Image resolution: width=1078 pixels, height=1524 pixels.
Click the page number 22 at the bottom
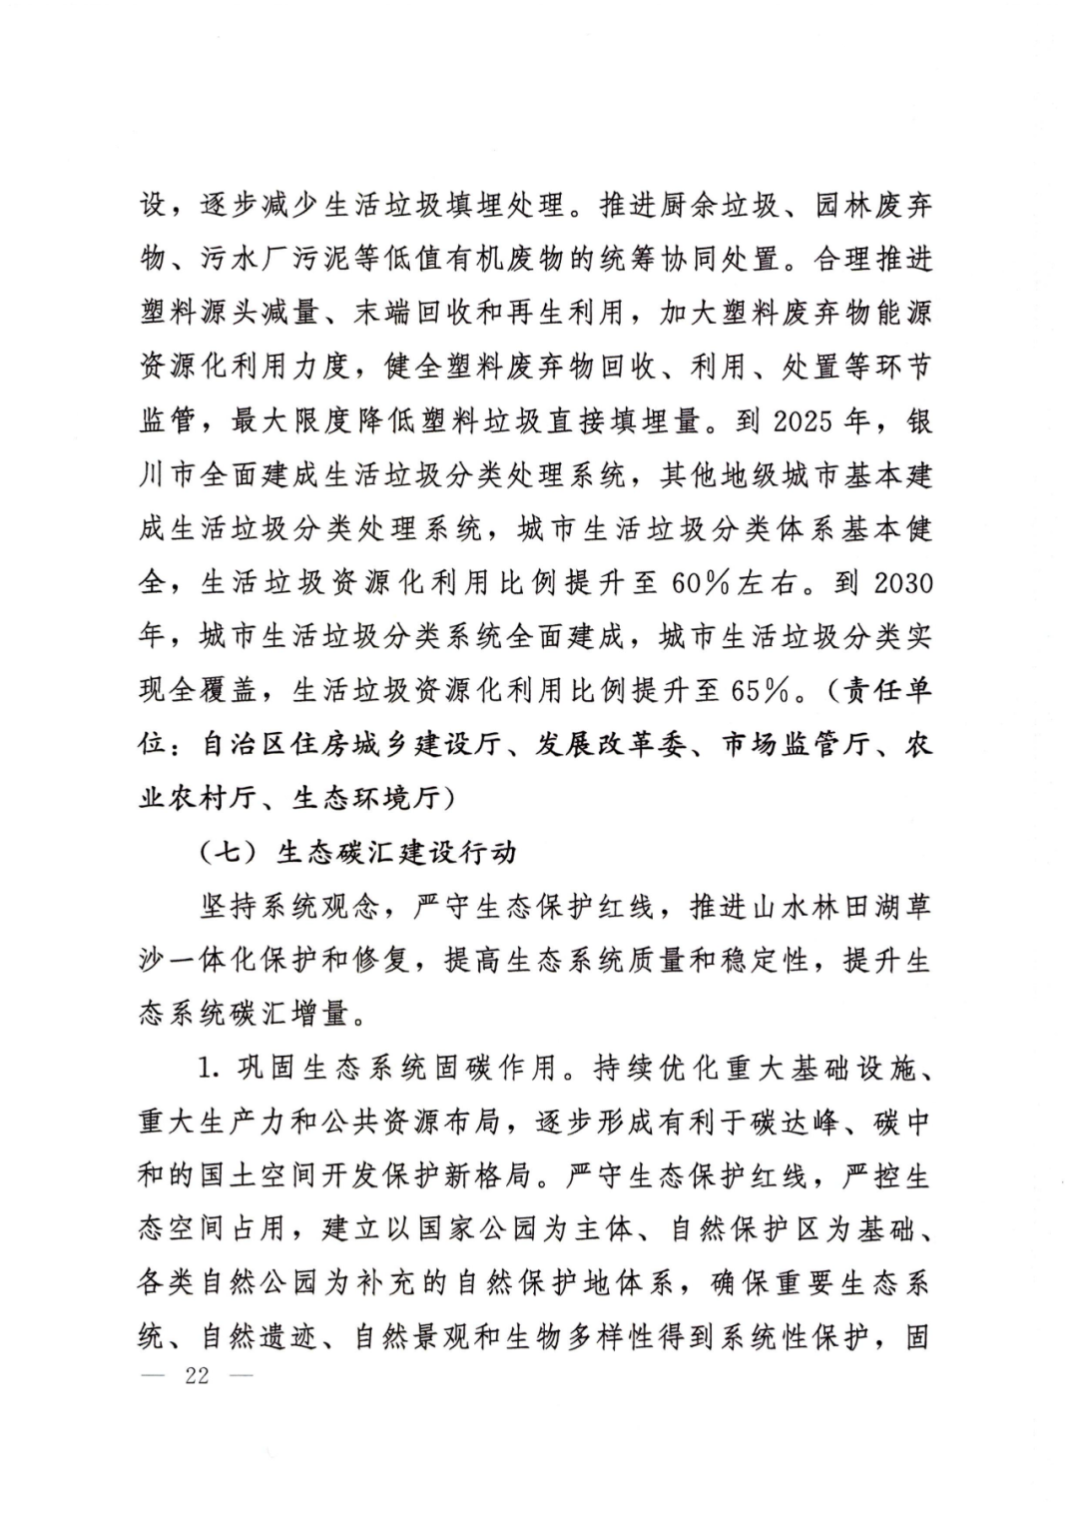click(197, 1375)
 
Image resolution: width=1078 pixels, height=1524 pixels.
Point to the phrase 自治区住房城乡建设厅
click(349, 745)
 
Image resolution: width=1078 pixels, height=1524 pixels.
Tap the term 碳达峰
click(787, 1122)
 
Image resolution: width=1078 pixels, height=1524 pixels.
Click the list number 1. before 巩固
click(207, 1068)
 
